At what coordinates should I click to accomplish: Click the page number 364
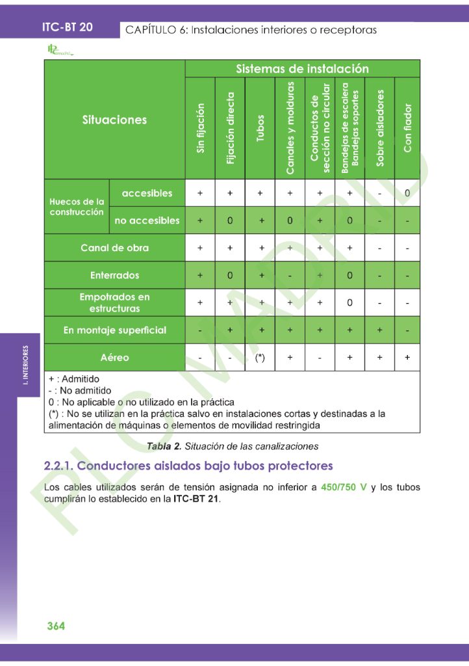[x=56, y=626]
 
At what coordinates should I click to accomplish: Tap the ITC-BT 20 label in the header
[x=68, y=27]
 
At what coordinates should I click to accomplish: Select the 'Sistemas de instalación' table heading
[x=302, y=69]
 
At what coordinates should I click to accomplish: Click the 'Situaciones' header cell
[x=114, y=120]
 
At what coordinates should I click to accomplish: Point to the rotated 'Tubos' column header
[x=260, y=129]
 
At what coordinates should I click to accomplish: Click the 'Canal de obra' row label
[x=114, y=248]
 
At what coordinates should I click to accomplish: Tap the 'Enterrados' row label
[x=114, y=275]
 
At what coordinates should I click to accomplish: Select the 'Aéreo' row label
[x=114, y=357]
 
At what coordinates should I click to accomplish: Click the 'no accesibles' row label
[x=147, y=220]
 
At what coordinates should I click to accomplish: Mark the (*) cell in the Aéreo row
[x=260, y=358]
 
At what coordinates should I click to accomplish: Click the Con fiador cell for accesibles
[x=407, y=193]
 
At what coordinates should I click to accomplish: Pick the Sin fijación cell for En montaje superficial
[x=200, y=330]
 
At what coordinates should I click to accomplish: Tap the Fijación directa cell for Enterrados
[x=230, y=275]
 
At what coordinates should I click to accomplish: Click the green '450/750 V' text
[x=344, y=487]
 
